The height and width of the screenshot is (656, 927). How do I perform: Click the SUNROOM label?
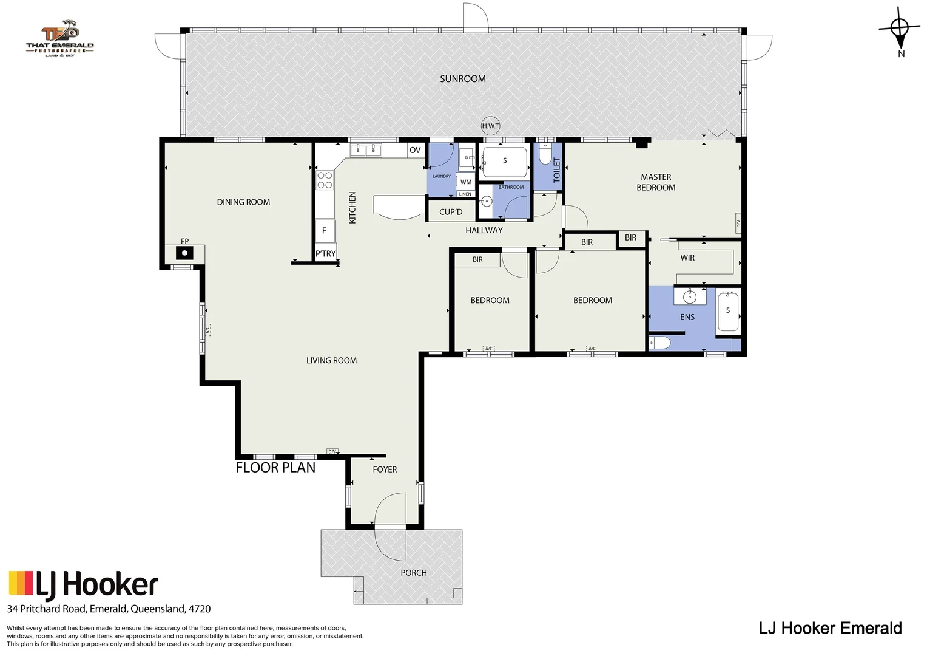pyautogui.click(x=462, y=79)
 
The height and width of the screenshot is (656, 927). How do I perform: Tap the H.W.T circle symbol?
pyautogui.click(x=490, y=126)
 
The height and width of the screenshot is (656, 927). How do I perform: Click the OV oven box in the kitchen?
pyautogui.click(x=415, y=150)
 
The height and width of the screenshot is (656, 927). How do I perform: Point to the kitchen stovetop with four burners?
pyautogui.click(x=325, y=180)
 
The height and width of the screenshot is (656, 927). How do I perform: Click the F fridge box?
pyautogui.click(x=325, y=231)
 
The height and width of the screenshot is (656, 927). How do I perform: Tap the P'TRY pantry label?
pyautogui.click(x=325, y=254)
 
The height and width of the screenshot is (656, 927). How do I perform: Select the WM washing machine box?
pyautogui.click(x=465, y=182)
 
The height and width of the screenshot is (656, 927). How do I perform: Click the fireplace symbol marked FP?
pyautogui.click(x=184, y=253)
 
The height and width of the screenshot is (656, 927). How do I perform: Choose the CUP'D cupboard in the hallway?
pyautogui.click(x=451, y=212)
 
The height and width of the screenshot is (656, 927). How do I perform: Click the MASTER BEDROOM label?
pyautogui.click(x=656, y=182)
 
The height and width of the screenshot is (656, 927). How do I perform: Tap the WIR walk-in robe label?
pyautogui.click(x=687, y=258)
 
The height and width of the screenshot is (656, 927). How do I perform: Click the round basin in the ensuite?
pyautogui.click(x=689, y=297)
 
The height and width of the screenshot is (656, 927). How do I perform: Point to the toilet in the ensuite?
pyautogui.click(x=659, y=344)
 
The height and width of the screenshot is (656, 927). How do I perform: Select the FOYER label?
pyautogui.click(x=385, y=470)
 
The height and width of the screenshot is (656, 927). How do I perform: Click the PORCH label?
pyautogui.click(x=414, y=573)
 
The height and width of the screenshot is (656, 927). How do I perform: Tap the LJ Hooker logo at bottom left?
pyautogui.click(x=84, y=584)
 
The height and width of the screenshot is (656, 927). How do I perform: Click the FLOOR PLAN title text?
pyautogui.click(x=275, y=468)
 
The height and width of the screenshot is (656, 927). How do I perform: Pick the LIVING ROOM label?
pyautogui.click(x=331, y=361)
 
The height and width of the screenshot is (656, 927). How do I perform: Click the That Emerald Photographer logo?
pyautogui.click(x=60, y=41)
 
